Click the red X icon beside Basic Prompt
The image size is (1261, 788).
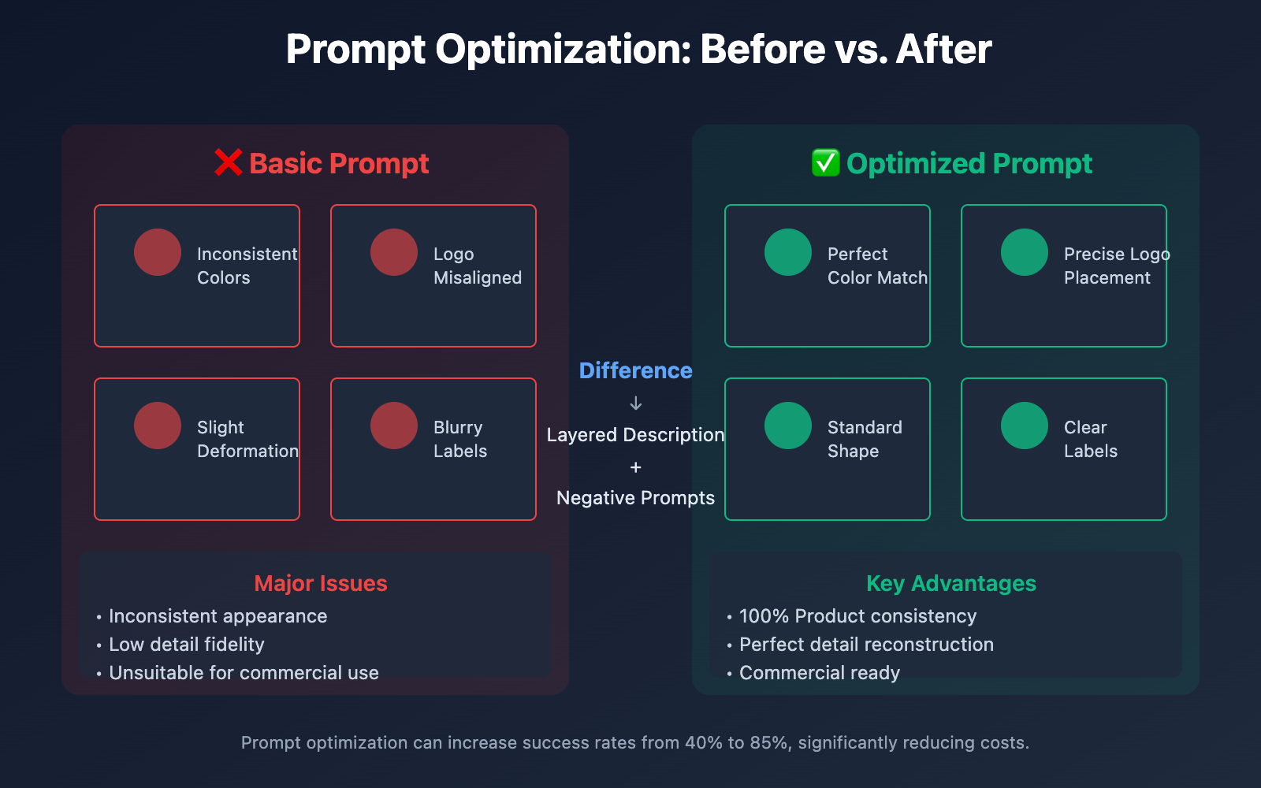228,162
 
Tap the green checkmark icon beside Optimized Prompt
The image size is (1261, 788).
825,162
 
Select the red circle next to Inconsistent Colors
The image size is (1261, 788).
158,252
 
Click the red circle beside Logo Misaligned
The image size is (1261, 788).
394,252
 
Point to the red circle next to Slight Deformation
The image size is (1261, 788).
158,426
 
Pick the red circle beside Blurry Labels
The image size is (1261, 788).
394,426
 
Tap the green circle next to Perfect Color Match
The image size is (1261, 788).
788,252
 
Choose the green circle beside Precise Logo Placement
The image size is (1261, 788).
1025,252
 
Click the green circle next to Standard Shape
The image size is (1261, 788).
788,426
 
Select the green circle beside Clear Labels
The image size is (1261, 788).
1025,426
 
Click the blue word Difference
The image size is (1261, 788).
635,371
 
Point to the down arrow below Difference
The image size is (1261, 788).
635,403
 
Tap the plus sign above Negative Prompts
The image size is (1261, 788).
635,467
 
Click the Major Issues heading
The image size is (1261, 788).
321,584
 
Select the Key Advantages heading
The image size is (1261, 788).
951,584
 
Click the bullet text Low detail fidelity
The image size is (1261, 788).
186,645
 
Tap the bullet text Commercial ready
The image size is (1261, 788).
820,673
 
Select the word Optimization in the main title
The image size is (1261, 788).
563,50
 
